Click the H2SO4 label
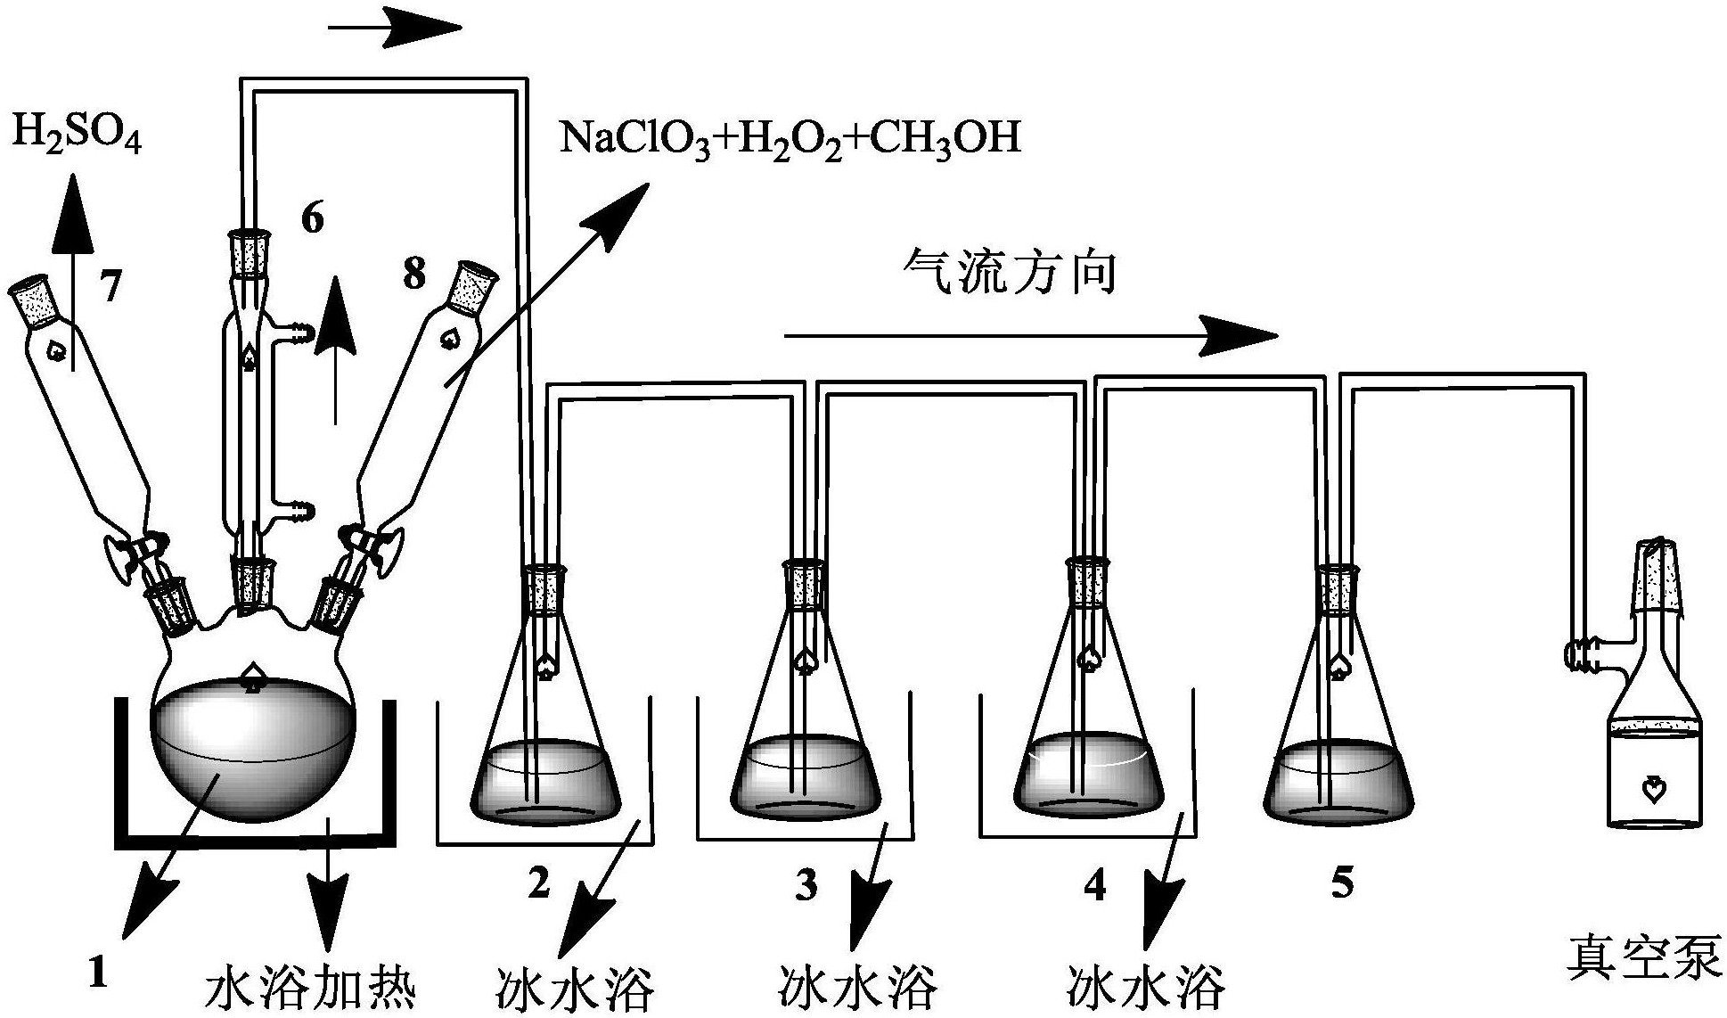[x=77, y=135]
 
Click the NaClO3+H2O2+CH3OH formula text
[x=790, y=140]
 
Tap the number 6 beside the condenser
[x=312, y=218]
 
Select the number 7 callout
[x=110, y=287]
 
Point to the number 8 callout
[x=413, y=274]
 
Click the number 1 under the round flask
[x=98, y=971]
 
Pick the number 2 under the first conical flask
[x=537, y=883]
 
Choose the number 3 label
[x=806, y=885]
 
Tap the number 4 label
[x=1094, y=885]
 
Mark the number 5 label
[x=1341, y=882]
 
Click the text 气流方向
[x=1010, y=271]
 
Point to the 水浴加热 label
[x=311, y=987]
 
